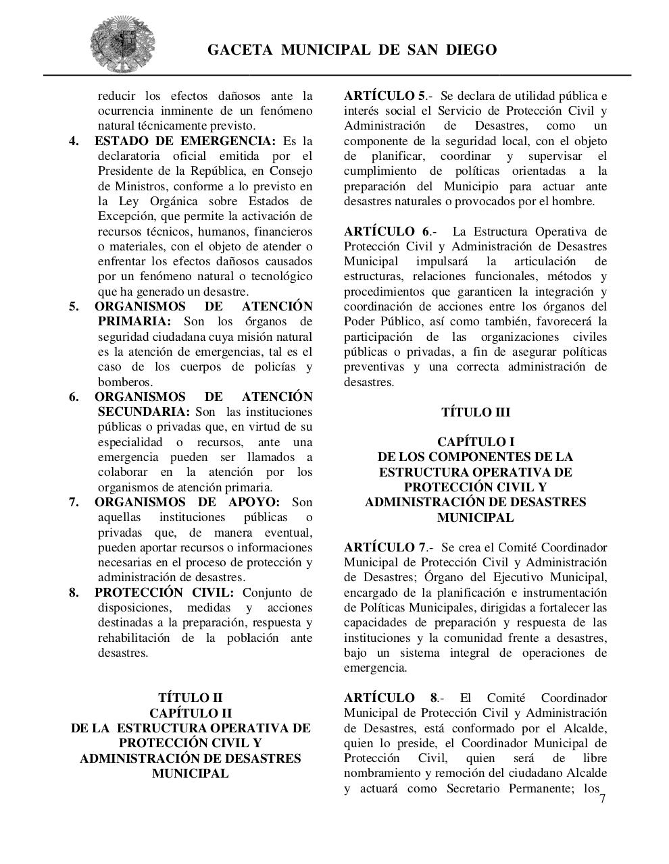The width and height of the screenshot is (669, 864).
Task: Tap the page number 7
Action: point(602,799)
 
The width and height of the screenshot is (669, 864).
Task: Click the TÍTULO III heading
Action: point(475,412)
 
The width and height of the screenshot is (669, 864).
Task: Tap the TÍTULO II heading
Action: point(190,698)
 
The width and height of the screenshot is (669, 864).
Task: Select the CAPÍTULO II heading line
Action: point(190,713)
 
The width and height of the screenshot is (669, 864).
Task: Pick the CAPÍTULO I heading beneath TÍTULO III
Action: point(475,442)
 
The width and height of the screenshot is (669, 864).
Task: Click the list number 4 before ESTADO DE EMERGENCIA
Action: point(74,141)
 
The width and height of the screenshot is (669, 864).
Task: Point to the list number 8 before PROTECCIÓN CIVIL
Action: point(74,593)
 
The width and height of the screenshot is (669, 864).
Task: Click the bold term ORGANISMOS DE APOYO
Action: point(187,502)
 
